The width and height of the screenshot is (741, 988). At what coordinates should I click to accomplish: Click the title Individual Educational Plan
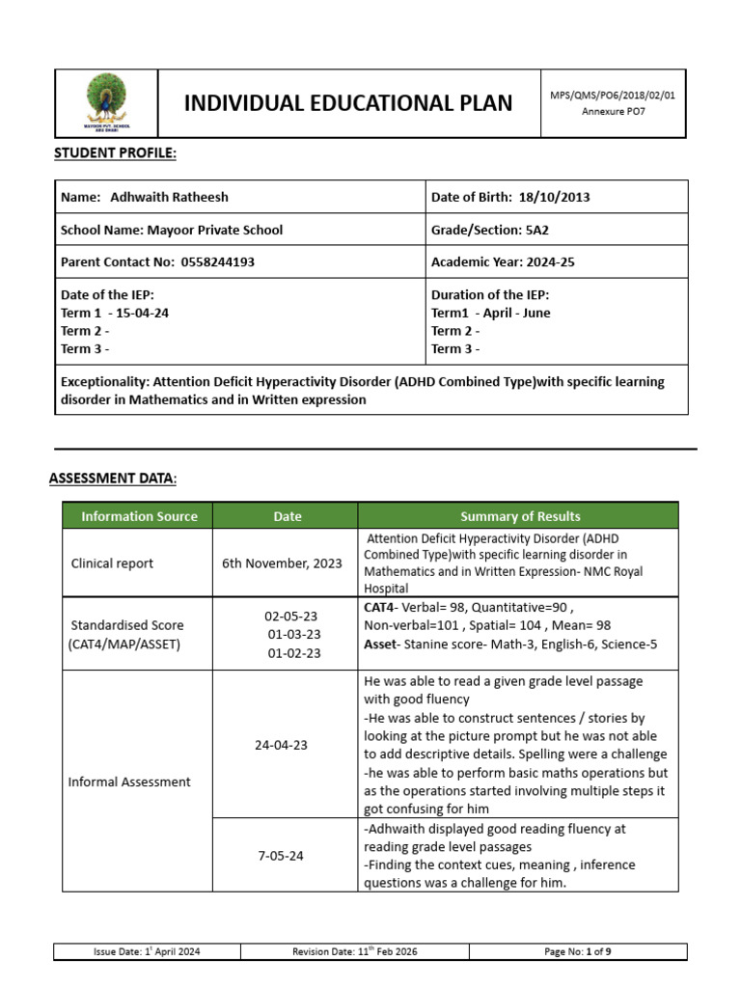coord(348,102)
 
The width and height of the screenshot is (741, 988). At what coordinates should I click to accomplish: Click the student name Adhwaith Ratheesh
coord(169,197)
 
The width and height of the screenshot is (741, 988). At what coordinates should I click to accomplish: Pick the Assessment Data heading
coord(113,479)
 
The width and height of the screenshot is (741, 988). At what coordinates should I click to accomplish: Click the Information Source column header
coord(139,516)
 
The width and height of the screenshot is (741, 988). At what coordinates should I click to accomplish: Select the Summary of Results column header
coord(520,516)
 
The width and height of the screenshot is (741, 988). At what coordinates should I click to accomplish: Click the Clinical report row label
coord(112,563)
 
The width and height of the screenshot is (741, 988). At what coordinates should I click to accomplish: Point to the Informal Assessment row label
coord(129,782)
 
